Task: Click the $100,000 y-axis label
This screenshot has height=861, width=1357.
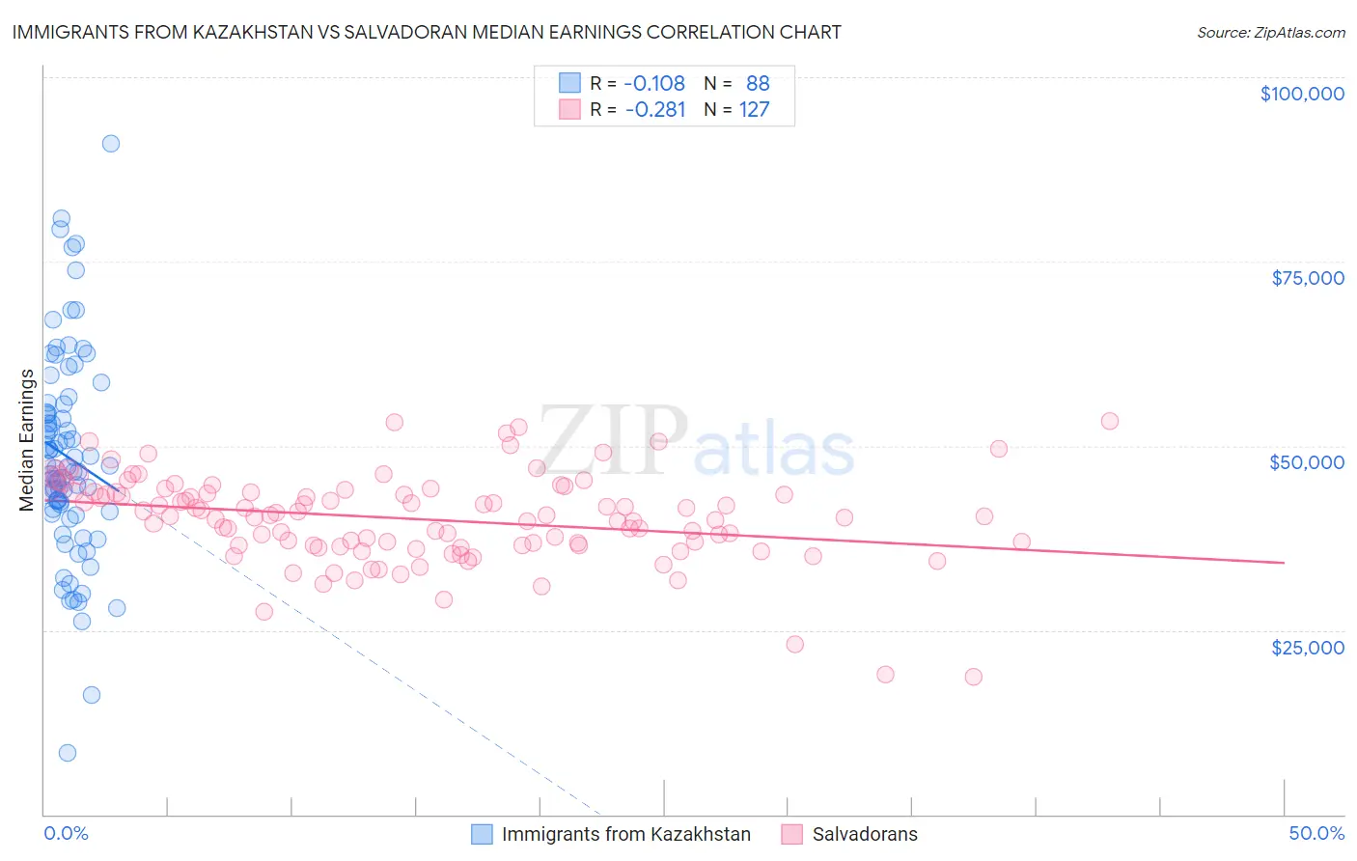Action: [x=1301, y=94]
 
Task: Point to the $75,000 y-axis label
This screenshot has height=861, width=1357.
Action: [x=1307, y=278]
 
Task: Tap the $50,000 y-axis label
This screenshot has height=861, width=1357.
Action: [x=1306, y=462]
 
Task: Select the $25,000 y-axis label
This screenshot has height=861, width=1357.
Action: [x=1307, y=647]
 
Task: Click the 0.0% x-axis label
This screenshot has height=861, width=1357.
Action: [x=66, y=833]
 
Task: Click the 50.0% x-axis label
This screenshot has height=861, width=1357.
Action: [x=1315, y=833]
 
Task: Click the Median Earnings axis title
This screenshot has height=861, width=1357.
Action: [x=26, y=440]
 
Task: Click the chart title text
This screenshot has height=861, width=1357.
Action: [x=427, y=32]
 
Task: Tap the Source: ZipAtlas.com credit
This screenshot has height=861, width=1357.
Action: [x=1270, y=32]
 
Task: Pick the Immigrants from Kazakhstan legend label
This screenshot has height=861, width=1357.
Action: [x=625, y=834]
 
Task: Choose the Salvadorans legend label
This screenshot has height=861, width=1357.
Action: [x=865, y=834]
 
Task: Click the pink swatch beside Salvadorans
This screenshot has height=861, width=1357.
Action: [x=792, y=834]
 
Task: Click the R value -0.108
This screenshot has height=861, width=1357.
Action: [x=654, y=83]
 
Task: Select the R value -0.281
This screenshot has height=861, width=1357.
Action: [x=654, y=109]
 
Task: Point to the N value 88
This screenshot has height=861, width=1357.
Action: [x=758, y=83]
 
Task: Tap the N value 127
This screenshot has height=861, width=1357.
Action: [x=754, y=109]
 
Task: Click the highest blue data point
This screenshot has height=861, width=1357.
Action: [x=111, y=144]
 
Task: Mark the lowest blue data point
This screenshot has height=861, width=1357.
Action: [x=68, y=753]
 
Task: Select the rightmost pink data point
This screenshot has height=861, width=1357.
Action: [x=1110, y=421]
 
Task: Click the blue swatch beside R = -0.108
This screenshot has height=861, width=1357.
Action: [x=569, y=83]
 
